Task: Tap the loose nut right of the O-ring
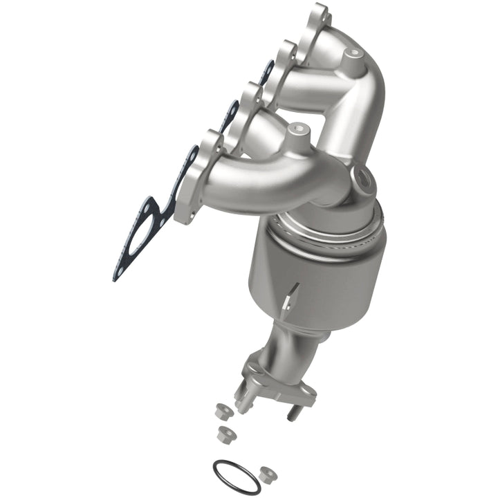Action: tap(266, 474)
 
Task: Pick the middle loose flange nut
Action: tap(225, 434)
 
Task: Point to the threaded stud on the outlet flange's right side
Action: tap(291, 413)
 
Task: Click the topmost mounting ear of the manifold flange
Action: tap(319, 11)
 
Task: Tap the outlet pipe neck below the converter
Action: tap(290, 346)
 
